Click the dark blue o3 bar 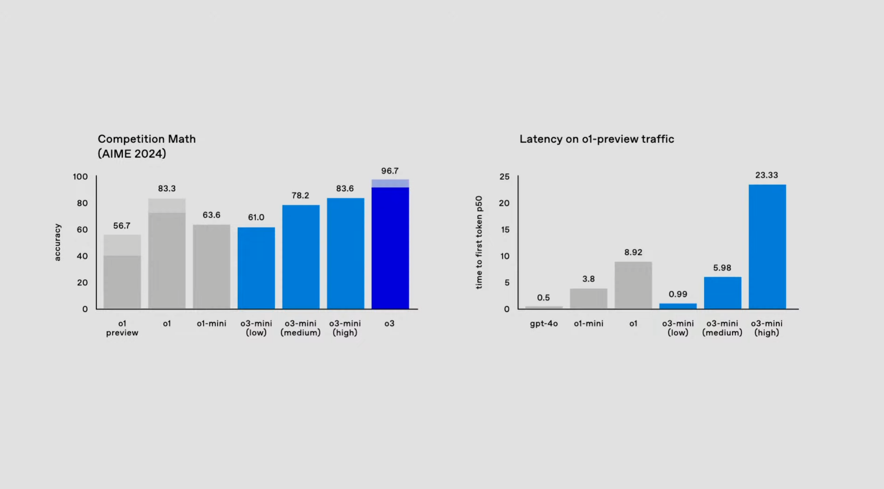point(390,244)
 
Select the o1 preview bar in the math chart point(122,272)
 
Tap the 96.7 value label point(390,171)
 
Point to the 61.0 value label point(256,217)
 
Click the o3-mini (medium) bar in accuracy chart point(301,257)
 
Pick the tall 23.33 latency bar point(767,247)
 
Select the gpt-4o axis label point(544,324)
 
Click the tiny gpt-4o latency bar point(544,307)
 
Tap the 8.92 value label point(633,252)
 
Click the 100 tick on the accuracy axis point(80,177)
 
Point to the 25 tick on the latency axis point(504,177)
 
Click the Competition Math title point(146,146)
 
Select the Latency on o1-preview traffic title point(597,139)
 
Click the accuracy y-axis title point(57,242)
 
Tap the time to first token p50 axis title point(479,242)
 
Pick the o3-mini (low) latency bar point(678,306)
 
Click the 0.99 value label point(678,294)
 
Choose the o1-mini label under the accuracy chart point(212,323)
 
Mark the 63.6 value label point(212,215)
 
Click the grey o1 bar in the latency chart point(633,285)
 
